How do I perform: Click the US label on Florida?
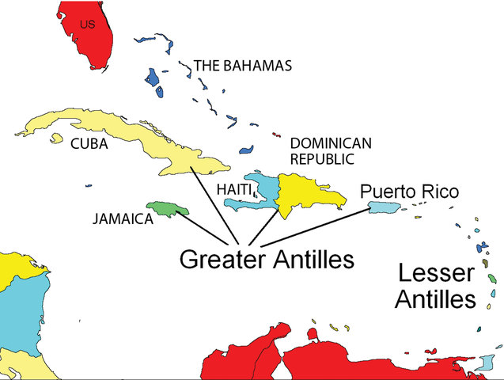tap(88, 25)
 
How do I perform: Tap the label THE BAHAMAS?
tap(243, 66)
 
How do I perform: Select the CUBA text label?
tap(89, 144)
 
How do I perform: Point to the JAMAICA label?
tap(121, 219)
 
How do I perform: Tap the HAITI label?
tap(234, 190)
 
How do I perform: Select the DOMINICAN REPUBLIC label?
tap(330, 150)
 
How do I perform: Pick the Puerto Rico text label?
tap(409, 192)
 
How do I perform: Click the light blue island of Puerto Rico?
tap(382, 207)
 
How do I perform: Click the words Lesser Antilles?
tap(436, 287)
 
